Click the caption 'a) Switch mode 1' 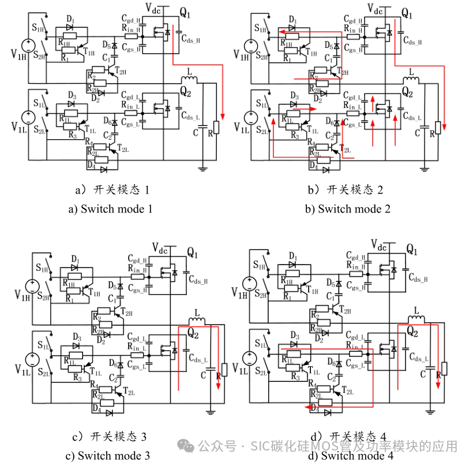[110, 209]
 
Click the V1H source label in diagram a [18, 56]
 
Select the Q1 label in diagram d [411, 249]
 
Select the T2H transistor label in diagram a [120, 70]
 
